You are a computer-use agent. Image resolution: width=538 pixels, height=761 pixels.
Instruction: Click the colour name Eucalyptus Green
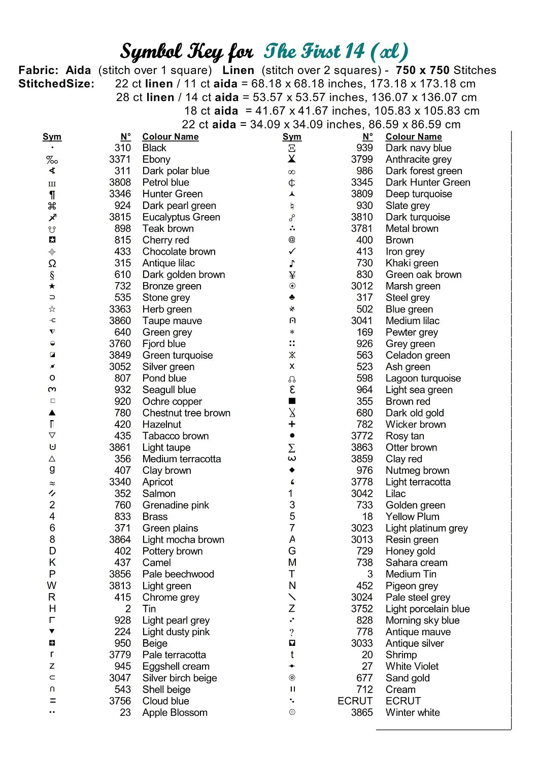coord(181,217)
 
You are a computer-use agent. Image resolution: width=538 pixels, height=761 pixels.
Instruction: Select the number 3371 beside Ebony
coord(120,159)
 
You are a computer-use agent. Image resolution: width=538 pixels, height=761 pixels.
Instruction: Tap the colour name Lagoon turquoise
coord(423,378)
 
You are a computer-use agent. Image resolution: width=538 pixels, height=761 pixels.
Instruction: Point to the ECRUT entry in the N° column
coord(355,701)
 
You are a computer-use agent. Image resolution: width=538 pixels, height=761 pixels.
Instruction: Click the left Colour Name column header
coord(171,136)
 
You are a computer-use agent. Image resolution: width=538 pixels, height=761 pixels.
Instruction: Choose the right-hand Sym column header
coord(292,136)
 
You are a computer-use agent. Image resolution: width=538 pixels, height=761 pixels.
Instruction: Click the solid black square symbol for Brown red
coord(292,401)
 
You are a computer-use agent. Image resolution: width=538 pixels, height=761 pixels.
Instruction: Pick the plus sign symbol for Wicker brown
coord(292,424)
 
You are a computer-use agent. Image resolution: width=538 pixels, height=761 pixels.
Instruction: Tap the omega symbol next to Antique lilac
coord(52,263)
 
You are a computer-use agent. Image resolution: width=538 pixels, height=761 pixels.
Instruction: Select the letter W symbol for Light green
coord(52,586)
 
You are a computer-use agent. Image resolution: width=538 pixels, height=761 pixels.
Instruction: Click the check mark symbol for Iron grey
coord(292,252)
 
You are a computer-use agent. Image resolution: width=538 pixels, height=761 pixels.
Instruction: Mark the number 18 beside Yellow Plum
coord(367,516)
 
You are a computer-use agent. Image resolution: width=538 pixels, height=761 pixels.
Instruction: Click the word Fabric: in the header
coord(39,71)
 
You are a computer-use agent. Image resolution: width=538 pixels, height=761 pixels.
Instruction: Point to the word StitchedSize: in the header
coord(56,84)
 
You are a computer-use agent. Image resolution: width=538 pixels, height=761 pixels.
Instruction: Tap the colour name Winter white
coord(413,713)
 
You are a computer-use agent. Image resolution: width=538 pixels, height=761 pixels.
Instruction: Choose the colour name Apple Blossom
coord(175,713)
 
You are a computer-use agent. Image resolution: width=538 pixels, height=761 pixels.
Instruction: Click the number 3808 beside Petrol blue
coord(120,182)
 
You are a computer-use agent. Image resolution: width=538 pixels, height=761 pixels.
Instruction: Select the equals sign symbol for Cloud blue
coord(52,701)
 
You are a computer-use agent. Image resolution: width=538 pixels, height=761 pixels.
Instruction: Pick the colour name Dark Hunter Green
coord(428,182)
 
